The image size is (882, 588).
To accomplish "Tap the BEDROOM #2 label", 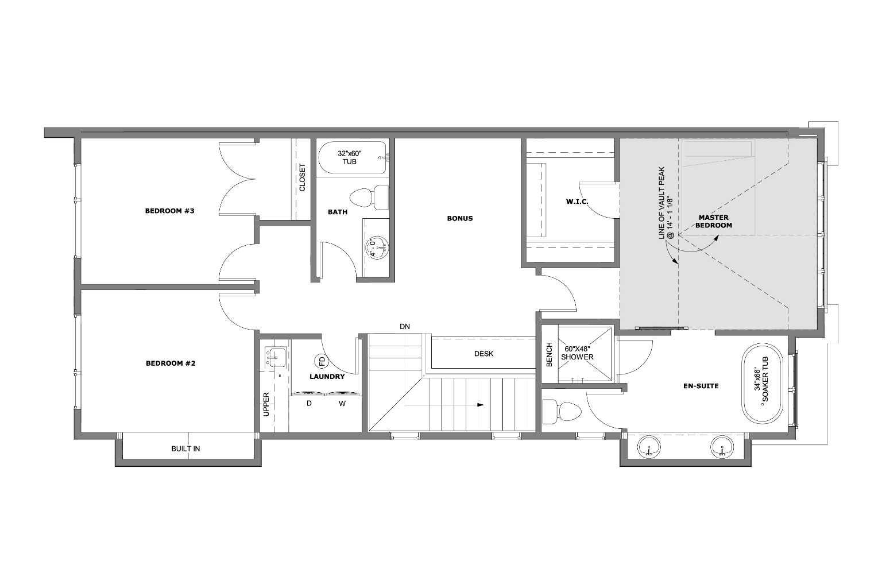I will (171, 363).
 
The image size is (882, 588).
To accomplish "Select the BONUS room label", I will (459, 218).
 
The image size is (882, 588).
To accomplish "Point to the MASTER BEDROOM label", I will (714, 221).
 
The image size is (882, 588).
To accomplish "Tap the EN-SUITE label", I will (701, 386).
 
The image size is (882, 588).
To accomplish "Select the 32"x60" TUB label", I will (350, 157).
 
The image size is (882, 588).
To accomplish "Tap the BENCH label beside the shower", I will (549, 354).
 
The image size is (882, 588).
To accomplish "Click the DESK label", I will (483, 354).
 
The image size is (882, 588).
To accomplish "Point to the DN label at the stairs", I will (405, 327).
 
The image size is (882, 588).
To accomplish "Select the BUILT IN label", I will (185, 448).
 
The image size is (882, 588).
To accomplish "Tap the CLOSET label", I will (302, 178).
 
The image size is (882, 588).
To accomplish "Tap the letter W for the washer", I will (342, 403).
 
